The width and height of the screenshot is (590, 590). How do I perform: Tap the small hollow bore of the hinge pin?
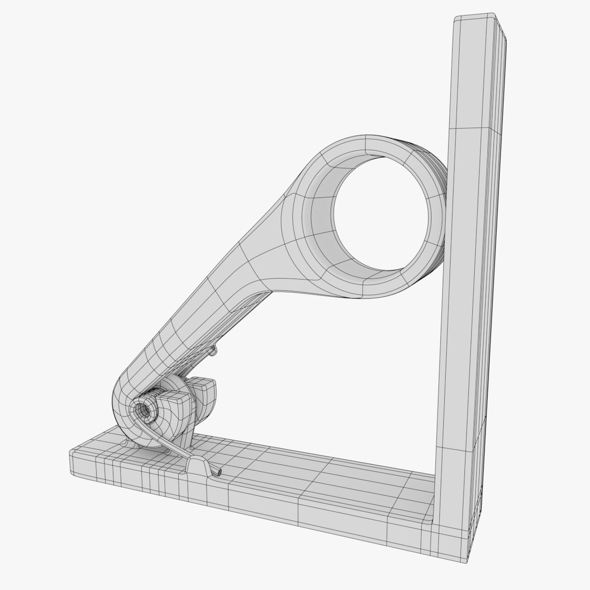point(145,408)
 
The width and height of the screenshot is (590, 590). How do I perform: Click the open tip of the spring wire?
point(220,470)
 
